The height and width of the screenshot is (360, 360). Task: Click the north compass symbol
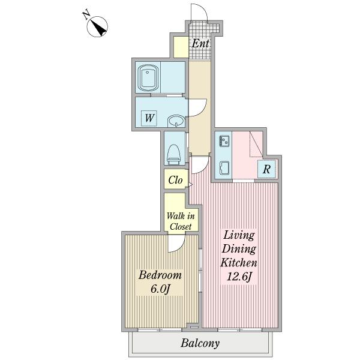[x=97, y=26]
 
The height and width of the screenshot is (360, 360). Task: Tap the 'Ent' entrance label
[x=200, y=43]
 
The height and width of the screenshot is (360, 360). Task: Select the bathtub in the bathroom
[x=148, y=78]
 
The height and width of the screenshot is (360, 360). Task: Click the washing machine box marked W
[x=149, y=118]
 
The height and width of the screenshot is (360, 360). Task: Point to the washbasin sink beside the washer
[x=176, y=121]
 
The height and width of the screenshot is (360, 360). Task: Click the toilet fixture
[x=174, y=154]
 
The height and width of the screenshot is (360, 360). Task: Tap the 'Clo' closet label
[x=175, y=180]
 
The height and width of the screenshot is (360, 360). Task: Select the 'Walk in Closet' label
[x=181, y=221]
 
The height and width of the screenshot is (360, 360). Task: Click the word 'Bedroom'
[x=160, y=275]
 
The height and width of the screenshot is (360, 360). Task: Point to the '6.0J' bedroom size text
[x=160, y=289]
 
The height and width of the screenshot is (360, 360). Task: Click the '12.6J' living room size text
[x=239, y=277]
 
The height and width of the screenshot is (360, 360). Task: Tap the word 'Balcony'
[x=200, y=343]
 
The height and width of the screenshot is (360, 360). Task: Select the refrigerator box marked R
[x=266, y=169]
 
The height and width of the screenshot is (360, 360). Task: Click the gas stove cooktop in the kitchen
[x=224, y=141]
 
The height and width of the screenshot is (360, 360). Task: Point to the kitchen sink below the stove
[x=224, y=168]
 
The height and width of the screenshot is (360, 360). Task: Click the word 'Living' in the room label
[x=239, y=235]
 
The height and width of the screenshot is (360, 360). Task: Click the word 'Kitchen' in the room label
[x=239, y=262]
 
